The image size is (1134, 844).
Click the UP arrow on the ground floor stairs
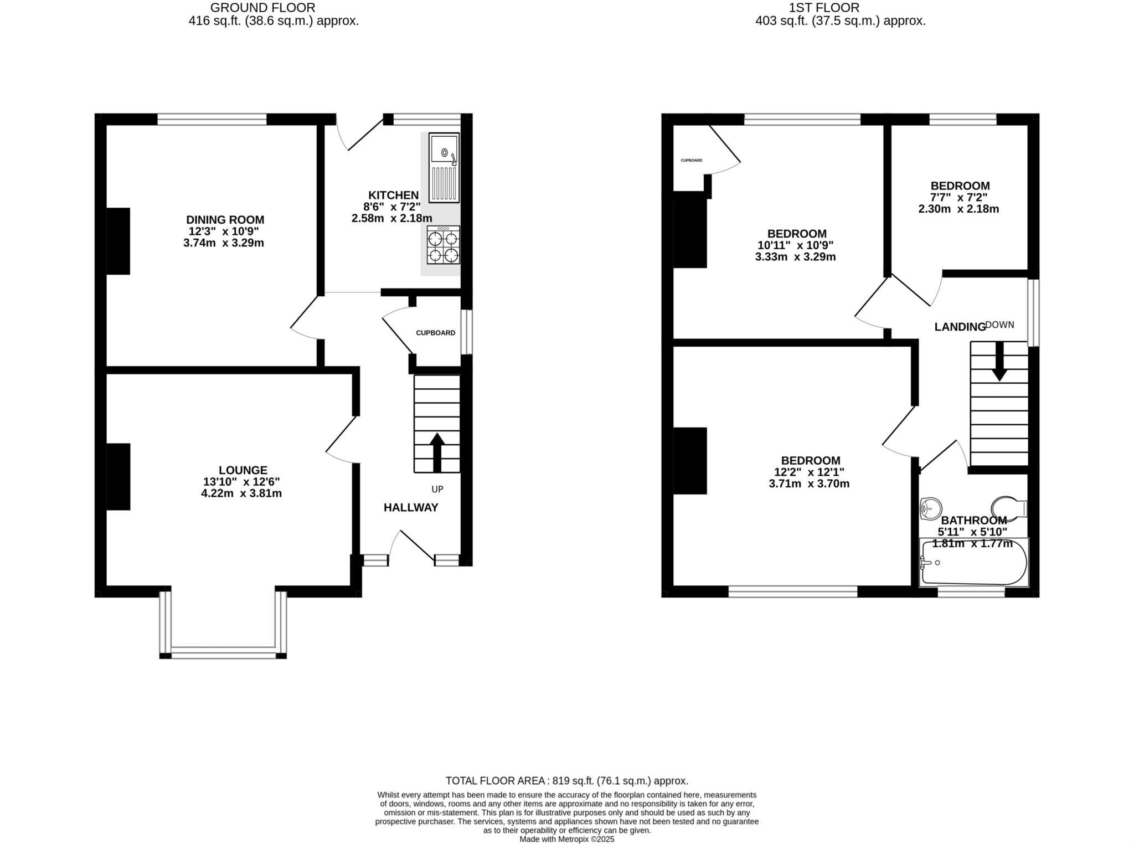(x=437, y=451)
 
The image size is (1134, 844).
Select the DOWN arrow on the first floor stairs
(x=999, y=361)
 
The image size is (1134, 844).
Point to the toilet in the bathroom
(x=1008, y=508)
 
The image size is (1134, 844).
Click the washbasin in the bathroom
(x=931, y=508)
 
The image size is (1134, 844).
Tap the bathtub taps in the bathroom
(x=926, y=563)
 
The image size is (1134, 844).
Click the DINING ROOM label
(x=225, y=220)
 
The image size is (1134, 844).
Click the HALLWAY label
(x=411, y=507)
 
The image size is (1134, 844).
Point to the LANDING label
(x=960, y=327)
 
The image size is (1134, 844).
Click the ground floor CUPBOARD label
(x=435, y=333)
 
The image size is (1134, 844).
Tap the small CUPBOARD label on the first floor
(x=691, y=161)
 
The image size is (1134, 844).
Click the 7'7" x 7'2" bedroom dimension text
(x=959, y=197)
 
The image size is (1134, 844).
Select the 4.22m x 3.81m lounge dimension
(x=241, y=493)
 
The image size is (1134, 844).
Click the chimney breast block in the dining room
(x=118, y=241)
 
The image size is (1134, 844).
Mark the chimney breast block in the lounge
(x=118, y=476)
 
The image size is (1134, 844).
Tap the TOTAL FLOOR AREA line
(x=566, y=781)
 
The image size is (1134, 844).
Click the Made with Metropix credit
(x=566, y=839)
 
